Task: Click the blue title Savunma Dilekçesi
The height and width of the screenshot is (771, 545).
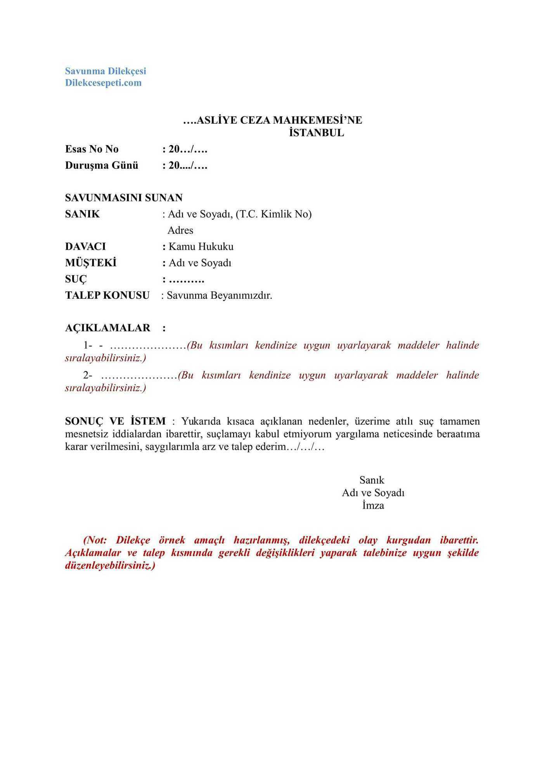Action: pyautogui.click(x=106, y=71)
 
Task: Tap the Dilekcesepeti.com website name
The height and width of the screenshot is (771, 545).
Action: pyautogui.click(x=103, y=83)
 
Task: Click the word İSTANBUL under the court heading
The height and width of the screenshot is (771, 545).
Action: pyautogui.click(x=316, y=133)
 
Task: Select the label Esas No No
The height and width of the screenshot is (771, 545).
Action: pyautogui.click(x=92, y=149)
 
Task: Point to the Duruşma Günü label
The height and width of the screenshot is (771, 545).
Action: pyautogui.click(x=102, y=166)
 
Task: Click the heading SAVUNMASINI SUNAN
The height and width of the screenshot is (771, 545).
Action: pyautogui.click(x=124, y=198)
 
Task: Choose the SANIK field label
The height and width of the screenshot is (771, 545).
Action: pyautogui.click(x=82, y=214)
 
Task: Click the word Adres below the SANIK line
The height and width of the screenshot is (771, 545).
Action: pyautogui.click(x=180, y=230)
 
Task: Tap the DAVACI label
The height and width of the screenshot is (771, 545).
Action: pyautogui.click(x=85, y=247)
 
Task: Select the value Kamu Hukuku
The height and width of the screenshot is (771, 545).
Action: pyautogui.click(x=201, y=247)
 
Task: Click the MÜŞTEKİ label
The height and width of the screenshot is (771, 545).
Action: pyautogui.click(x=91, y=263)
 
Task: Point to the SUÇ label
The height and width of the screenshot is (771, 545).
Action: pyautogui.click(x=76, y=279)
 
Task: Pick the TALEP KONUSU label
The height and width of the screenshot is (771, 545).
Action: pyautogui.click(x=107, y=296)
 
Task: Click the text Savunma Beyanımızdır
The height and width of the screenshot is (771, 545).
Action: pyautogui.click(x=219, y=296)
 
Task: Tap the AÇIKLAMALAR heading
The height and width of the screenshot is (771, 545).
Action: pyautogui.click(x=107, y=328)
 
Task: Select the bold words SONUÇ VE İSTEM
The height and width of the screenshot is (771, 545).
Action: pyautogui.click(x=115, y=421)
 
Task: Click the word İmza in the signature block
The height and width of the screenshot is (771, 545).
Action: pyautogui.click(x=373, y=506)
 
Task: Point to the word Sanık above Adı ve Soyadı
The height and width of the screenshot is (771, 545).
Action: pyautogui.click(x=372, y=480)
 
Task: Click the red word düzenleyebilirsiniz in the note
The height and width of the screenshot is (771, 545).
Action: pyautogui.click(x=110, y=566)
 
